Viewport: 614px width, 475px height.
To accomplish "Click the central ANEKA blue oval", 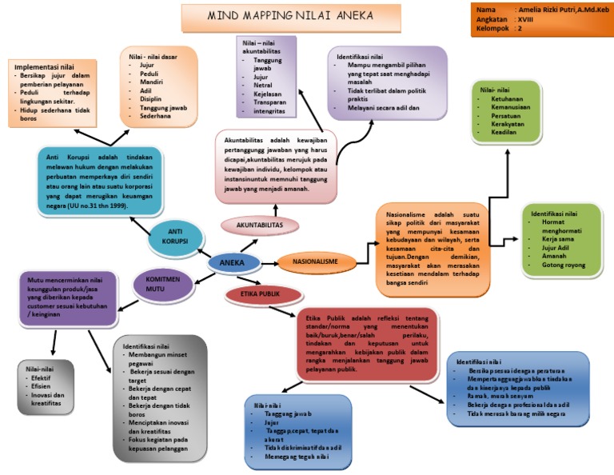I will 233,262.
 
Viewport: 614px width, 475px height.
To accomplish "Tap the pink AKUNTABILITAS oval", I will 259,226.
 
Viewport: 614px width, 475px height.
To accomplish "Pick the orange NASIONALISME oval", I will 314,261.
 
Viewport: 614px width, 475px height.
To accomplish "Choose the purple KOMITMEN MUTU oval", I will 160,284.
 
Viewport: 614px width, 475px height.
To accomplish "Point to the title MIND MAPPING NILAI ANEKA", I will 290,15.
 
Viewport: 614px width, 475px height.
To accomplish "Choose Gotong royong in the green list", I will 564,265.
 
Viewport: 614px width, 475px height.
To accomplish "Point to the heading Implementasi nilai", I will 46,66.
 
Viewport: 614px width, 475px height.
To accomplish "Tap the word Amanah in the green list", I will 555,256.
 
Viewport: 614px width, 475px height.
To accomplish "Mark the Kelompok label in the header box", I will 492,28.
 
